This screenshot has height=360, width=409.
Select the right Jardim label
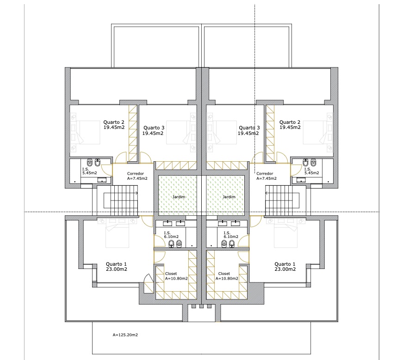point(229,196)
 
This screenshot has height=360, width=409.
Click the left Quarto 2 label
point(114,125)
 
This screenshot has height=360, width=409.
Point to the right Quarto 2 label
point(290,125)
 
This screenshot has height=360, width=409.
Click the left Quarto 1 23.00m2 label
point(117,266)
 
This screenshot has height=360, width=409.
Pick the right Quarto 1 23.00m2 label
point(285,266)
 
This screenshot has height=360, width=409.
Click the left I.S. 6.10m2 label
point(171,234)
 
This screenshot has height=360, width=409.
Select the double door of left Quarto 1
point(148,282)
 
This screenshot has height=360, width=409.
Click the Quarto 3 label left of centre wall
point(153,130)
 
